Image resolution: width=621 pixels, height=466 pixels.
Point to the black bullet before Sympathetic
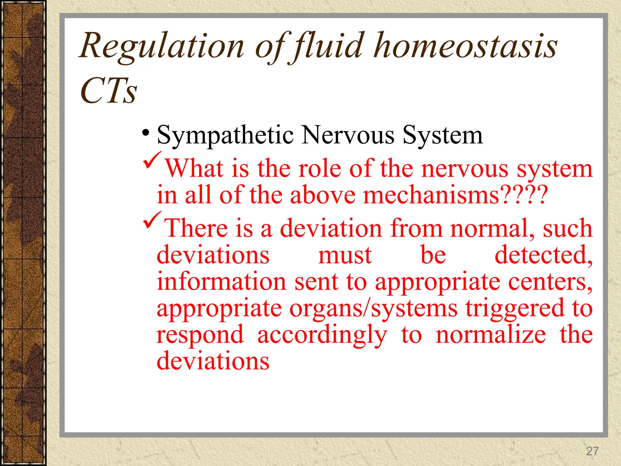[146, 133]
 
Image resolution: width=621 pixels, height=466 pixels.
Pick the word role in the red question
[320, 169]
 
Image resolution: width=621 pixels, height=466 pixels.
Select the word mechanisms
[431, 195]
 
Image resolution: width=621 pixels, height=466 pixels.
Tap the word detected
[543, 255]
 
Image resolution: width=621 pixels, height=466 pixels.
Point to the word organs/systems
[373, 308]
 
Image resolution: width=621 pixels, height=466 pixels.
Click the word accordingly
[322, 335]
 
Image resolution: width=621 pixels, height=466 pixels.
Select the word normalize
[491, 335]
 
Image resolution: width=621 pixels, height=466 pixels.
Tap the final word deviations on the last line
[213, 361]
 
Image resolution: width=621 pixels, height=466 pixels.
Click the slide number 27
[592, 451]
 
